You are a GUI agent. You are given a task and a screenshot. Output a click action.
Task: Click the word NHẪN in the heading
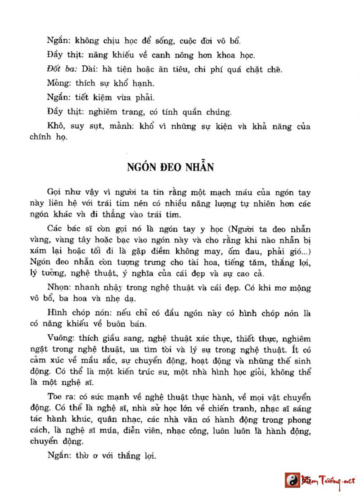[195, 167]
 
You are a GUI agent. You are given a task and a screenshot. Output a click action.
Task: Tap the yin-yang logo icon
[292, 480]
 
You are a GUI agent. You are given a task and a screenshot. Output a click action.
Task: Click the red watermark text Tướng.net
[336, 480]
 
